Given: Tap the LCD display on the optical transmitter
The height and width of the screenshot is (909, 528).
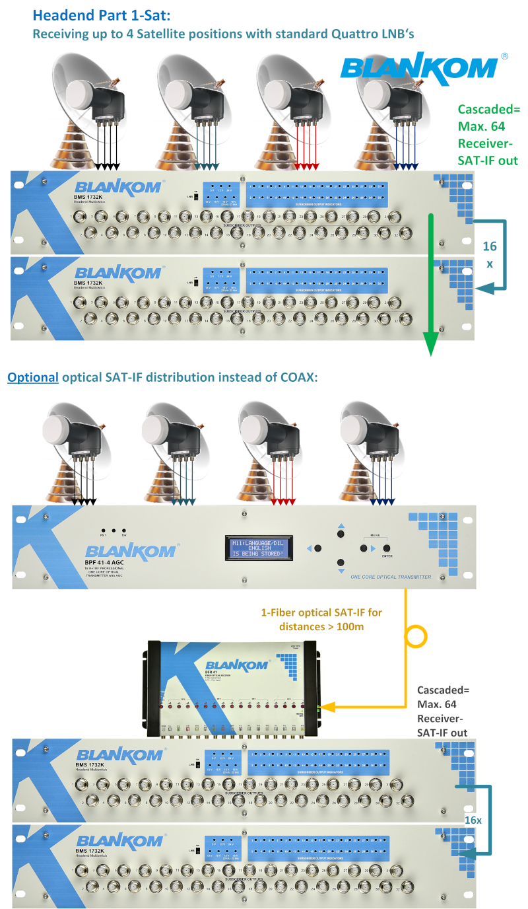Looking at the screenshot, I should (257, 548).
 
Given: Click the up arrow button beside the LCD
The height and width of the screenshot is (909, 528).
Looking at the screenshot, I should (341, 532).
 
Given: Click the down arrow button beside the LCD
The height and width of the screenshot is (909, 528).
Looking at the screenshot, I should (341, 563).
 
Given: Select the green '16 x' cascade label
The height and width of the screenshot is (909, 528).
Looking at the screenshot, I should (489, 254).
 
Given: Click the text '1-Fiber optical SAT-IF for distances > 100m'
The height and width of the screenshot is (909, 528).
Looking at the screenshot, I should (321, 619).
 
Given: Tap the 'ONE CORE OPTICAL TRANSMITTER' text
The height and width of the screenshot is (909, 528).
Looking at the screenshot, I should (391, 577).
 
